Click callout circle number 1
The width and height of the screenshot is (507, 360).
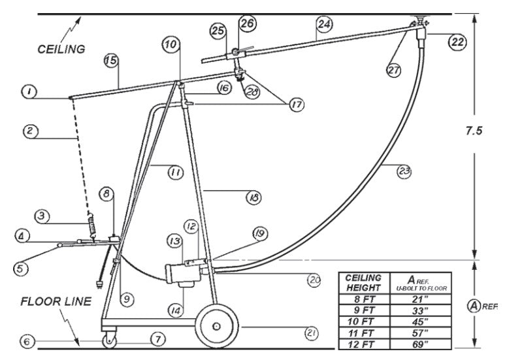point(28,92)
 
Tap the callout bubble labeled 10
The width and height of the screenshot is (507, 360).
point(171,44)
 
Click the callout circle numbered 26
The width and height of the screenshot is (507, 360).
point(247,24)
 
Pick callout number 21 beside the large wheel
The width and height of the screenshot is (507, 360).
point(310,333)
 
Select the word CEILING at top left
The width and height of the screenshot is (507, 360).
point(61,49)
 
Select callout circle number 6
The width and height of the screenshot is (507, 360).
point(27,341)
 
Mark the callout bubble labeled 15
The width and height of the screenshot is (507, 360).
point(111,60)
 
